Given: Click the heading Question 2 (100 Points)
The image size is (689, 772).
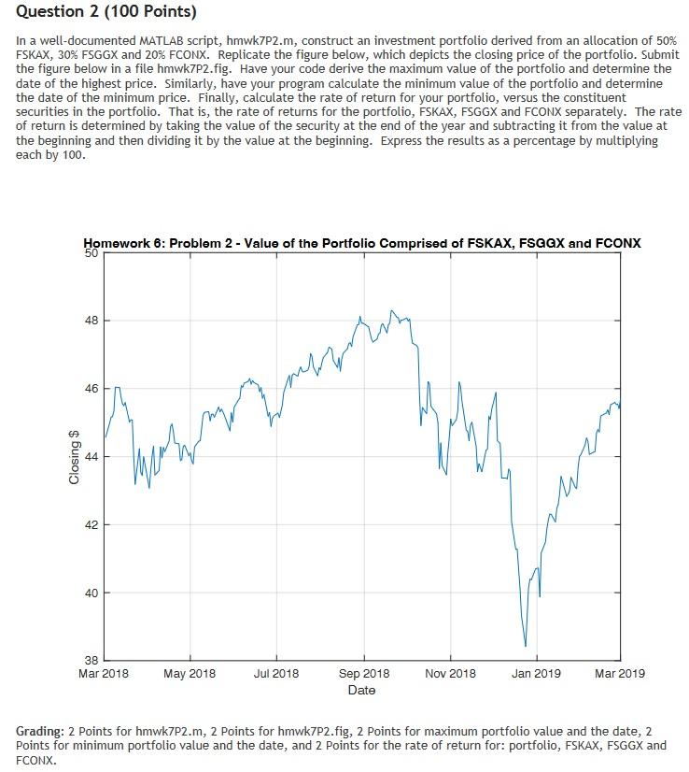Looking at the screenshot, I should point(106,14).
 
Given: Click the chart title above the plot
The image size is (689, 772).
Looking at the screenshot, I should point(361,243).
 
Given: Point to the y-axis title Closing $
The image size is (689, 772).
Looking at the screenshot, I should point(74,456).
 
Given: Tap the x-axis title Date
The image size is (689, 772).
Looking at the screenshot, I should point(361,690).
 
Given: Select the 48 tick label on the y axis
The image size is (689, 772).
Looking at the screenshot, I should point(90,321).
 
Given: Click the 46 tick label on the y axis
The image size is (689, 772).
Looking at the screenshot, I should point(90,389).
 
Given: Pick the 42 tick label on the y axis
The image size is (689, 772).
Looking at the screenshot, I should point(90,525).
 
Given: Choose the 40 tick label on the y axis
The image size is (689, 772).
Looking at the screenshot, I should point(90,593).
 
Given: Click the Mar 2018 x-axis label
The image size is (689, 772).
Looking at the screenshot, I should point(104,673).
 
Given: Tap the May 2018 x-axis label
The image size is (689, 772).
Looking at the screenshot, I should point(190,673).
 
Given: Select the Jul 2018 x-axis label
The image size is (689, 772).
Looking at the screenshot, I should point(275,673).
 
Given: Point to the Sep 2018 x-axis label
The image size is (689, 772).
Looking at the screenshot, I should point(363,673).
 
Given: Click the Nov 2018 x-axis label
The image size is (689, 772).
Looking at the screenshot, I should point(449,673).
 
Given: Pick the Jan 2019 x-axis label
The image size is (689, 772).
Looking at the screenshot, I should point(535,673).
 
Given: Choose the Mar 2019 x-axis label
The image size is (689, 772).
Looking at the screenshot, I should point(618,673).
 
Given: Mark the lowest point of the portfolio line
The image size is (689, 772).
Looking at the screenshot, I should point(526,646).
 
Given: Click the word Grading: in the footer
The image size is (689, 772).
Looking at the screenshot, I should point(41,729).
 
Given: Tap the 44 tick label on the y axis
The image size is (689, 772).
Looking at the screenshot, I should point(90,457).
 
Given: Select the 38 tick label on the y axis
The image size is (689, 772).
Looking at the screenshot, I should point(90,660).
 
